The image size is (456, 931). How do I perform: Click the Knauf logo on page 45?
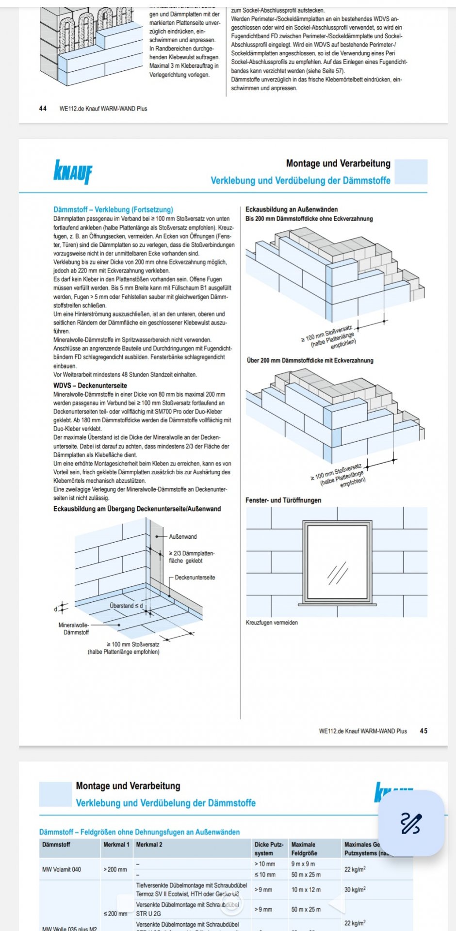[73, 172]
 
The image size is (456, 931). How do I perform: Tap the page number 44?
[43, 109]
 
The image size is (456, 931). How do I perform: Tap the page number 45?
[423, 731]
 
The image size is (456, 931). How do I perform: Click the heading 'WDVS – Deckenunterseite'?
[90, 385]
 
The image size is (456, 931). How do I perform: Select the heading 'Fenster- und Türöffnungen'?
[283, 500]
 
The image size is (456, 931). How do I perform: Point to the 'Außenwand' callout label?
[183, 536]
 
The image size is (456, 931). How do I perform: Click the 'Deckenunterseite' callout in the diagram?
[195, 577]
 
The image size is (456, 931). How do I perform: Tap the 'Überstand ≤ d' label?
[126, 606]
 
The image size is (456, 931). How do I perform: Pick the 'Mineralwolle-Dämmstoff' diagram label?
[74, 628]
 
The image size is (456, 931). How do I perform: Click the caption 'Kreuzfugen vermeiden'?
[272, 622]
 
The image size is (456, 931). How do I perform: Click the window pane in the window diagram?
[337, 562]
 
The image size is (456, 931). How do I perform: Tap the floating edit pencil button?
[411, 823]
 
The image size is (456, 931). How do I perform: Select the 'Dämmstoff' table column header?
[56, 844]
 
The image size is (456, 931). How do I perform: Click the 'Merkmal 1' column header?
[116, 844]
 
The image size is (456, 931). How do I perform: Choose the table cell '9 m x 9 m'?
[303, 864]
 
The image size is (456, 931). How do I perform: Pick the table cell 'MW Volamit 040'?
[62, 869]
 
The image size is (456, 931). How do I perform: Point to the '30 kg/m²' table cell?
[355, 889]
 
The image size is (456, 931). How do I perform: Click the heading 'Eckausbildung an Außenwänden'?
[292, 209]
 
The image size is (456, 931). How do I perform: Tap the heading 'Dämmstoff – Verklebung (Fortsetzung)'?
[113, 209]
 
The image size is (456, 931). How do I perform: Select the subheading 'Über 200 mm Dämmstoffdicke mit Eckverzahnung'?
[310, 360]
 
